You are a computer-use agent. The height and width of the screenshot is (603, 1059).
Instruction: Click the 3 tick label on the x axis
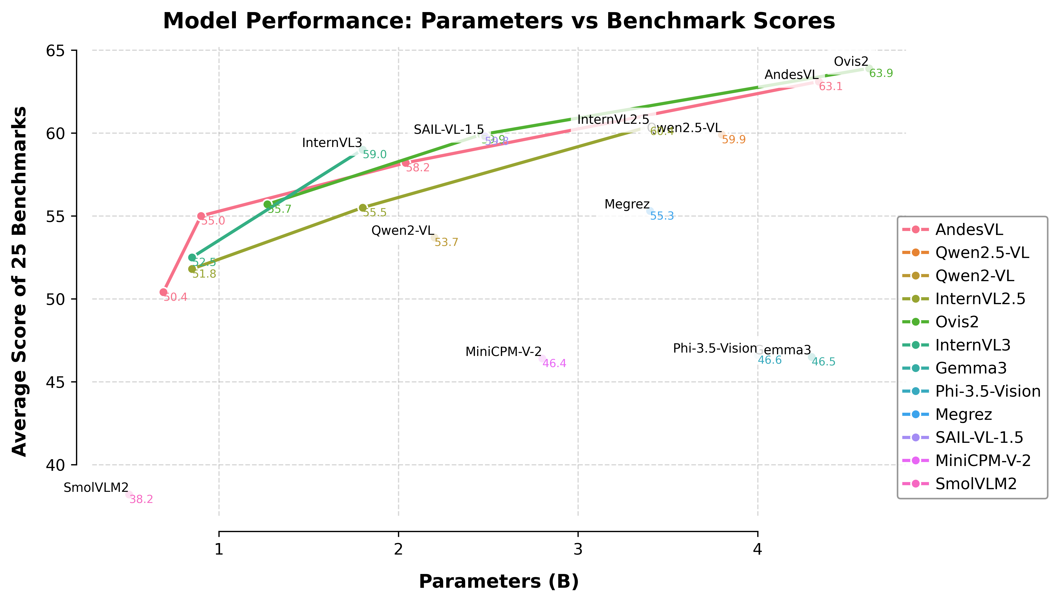tap(578, 549)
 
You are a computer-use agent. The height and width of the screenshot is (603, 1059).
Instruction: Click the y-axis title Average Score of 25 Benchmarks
tap(19, 282)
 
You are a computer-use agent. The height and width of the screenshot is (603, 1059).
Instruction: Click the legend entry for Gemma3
tap(971, 368)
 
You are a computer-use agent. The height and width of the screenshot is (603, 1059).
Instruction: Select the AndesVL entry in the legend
tap(969, 230)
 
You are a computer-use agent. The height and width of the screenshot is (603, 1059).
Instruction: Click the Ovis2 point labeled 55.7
tap(268, 204)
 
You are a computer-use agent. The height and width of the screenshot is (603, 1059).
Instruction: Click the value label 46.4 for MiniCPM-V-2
tap(554, 364)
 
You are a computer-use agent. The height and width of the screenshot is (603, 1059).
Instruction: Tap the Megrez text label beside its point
tap(627, 204)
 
